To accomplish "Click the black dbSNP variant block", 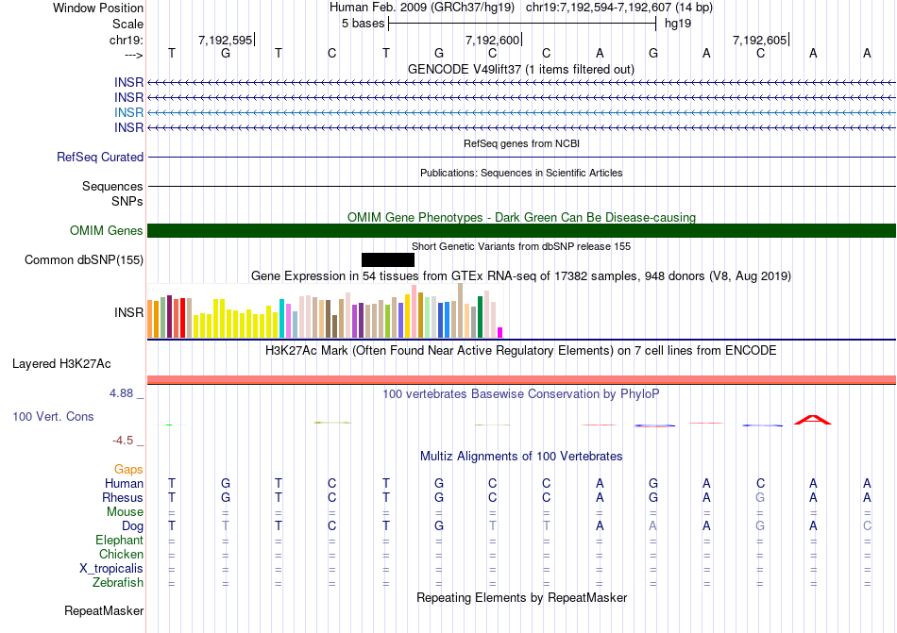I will pyautogui.click(x=387, y=259).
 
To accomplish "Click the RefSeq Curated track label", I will pyautogui.click(x=100, y=158).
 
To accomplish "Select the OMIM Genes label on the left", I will pyautogui.click(x=107, y=231).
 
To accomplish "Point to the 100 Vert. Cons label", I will pyautogui.click(x=53, y=416).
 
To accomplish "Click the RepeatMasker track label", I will pyautogui.click(x=104, y=611).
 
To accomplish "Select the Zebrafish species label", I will pyautogui.click(x=119, y=583).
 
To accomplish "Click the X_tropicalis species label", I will pyautogui.click(x=111, y=569).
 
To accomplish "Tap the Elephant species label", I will pyautogui.click(x=119, y=540).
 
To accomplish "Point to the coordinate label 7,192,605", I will pyautogui.click(x=759, y=40).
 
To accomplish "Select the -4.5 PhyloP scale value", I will pyautogui.click(x=126, y=441).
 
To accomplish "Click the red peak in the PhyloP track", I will pyautogui.click(x=812, y=420).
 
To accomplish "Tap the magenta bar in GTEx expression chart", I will pyautogui.click(x=500, y=332).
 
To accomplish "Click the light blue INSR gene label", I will pyautogui.click(x=129, y=112).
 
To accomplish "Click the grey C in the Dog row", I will pyautogui.click(x=867, y=525).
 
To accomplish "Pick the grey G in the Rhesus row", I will pyautogui.click(x=760, y=497).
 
